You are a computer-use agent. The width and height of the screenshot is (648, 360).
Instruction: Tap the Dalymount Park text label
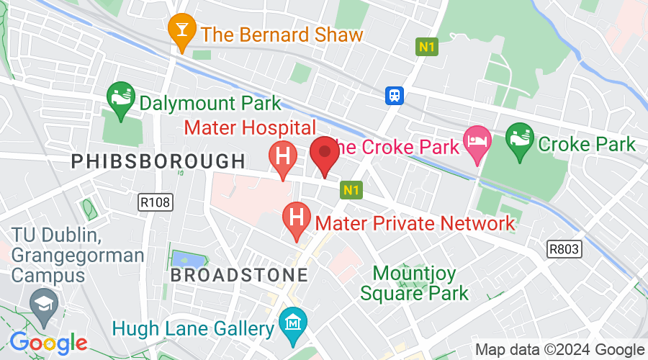pyautogui.click(x=210, y=102)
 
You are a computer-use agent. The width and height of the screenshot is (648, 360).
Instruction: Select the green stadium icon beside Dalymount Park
pyautogui.click(x=120, y=96)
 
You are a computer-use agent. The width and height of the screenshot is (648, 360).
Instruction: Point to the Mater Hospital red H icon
pyautogui.click(x=282, y=157)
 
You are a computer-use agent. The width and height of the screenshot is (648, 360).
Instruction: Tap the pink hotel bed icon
pyautogui.click(x=477, y=138)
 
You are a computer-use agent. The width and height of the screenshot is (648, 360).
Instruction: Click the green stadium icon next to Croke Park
pyautogui.click(x=518, y=136)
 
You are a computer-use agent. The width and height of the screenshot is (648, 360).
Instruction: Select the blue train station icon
pyautogui.click(x=395, y=95)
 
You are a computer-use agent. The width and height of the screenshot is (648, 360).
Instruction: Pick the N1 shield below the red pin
pyautogui.click(x=351, y=190)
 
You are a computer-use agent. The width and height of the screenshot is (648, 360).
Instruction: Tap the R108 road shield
pyautogui.click(x=156, y=202)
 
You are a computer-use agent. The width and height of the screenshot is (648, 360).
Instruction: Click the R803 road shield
pyautogui.click(x=564, y=248)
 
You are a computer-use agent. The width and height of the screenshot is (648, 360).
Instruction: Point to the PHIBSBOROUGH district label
pyautogui.click(x=158, y=161)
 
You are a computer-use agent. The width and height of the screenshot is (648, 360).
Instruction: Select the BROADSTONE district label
pyautogui.click(x=239, y=274)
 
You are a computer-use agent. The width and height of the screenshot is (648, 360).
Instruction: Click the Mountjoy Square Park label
pyautogui.click(x=414, y=283)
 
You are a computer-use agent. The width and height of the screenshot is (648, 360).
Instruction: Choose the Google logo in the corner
pyautogui.click(x=48, y=342)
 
